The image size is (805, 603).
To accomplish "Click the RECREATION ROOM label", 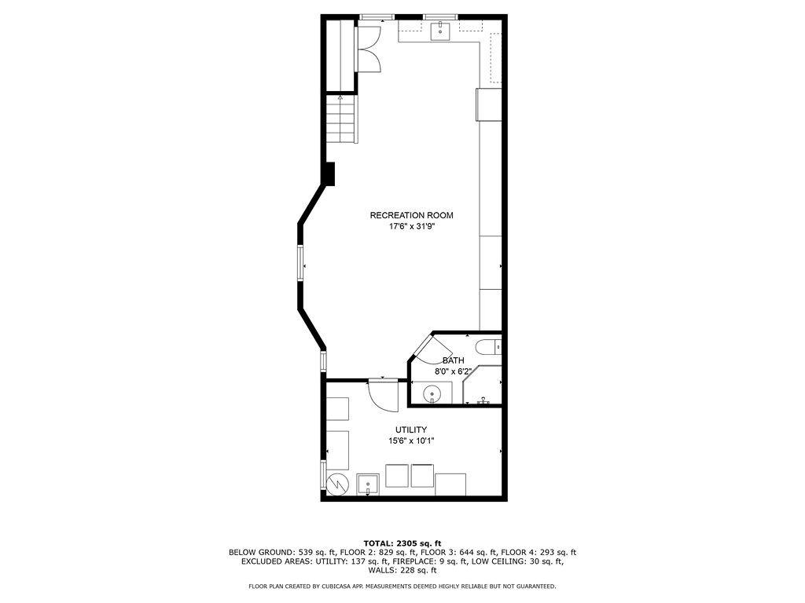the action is tap(412, 215).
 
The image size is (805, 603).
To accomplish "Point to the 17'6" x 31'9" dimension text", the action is tap(412, 226).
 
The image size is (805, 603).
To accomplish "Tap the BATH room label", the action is tap(454, 360).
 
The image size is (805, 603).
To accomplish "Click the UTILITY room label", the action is tap(410, 429).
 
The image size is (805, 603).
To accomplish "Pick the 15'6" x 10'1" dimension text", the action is tap(411, 440).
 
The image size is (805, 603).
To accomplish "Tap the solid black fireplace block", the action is tap(329, 174).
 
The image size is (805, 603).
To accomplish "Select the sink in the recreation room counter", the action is tap(440, 31).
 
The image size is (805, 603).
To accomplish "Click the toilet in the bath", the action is tap(488, 348).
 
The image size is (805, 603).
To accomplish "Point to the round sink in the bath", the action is tap(432, 394).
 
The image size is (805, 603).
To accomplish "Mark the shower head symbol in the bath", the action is tap(483, 400).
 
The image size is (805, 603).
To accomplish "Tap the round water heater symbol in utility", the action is tap(338, 483).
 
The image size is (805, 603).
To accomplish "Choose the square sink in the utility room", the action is tap(368, 484).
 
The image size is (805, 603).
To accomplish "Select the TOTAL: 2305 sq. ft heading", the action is tap(402, 543).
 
